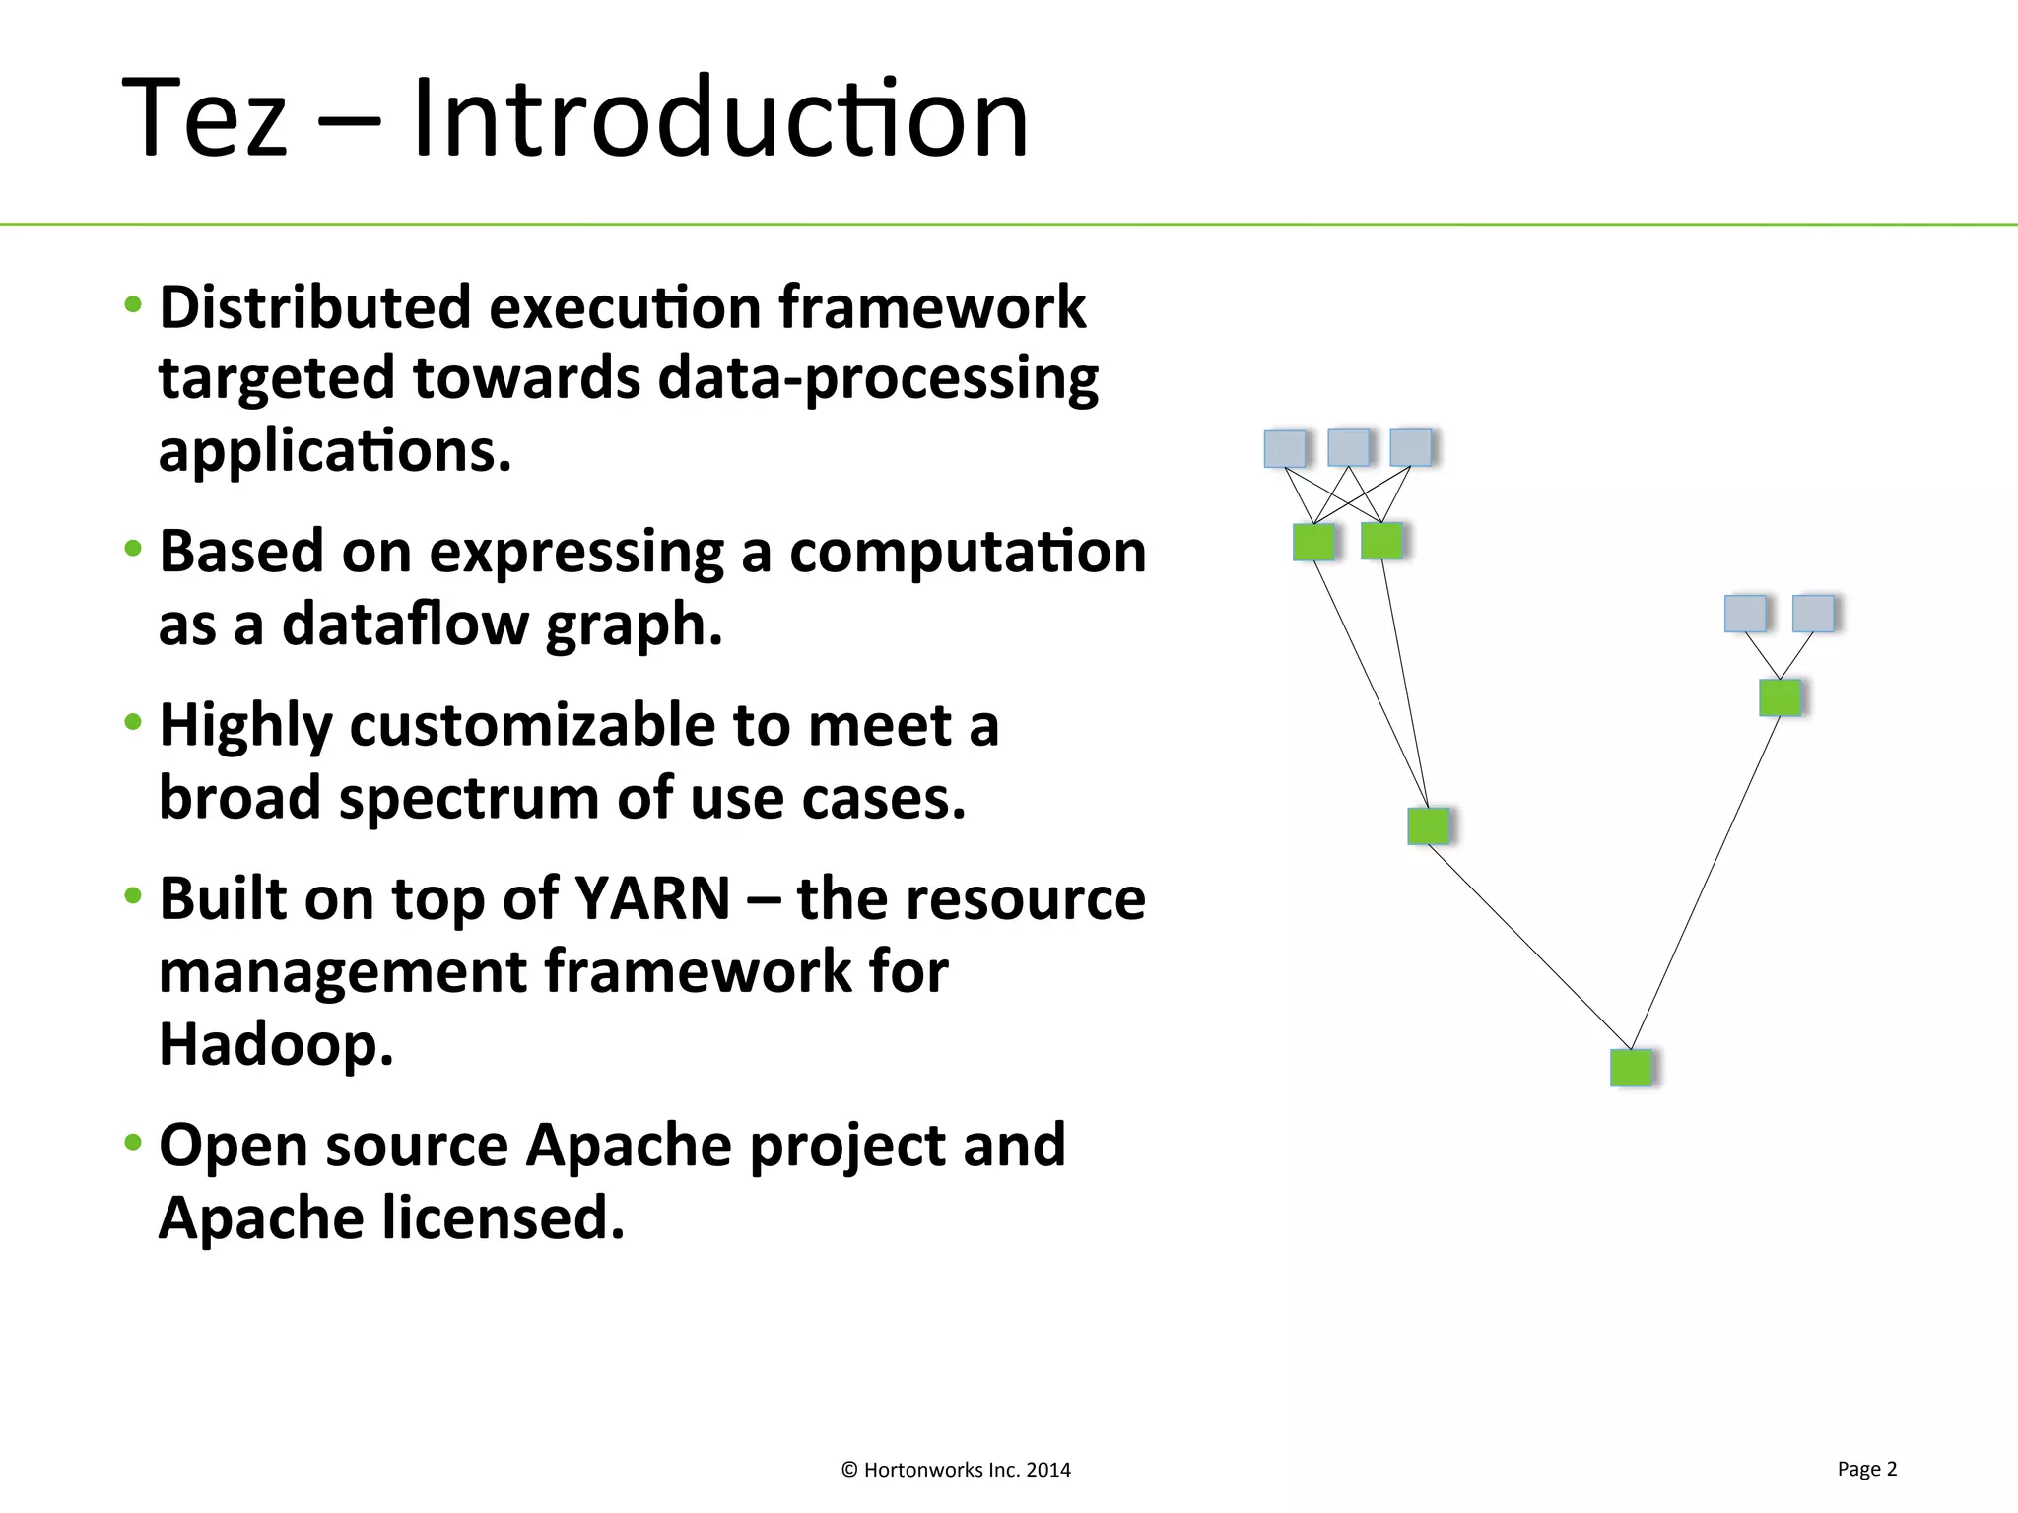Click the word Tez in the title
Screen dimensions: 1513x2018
click(205, 118)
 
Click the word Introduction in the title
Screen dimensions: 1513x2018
click(719, 118)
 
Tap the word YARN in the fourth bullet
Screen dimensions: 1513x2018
click(652, 898)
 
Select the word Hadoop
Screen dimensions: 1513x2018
click(276, 1044)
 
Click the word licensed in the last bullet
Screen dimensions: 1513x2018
click(504, 1217)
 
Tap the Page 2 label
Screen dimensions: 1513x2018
click(1866, 1469)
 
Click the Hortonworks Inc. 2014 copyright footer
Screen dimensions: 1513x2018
click(956, 1470)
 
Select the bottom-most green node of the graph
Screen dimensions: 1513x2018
click(1631, 1068)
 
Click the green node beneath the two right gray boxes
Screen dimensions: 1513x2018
click(1780, 697)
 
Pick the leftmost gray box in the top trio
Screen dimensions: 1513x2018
click(1285, 448)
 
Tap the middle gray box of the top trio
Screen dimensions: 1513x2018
click(1348, 447)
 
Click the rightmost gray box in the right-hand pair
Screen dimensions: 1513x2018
click(1813, 614)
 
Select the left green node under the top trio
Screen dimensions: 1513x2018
click(1313, 542)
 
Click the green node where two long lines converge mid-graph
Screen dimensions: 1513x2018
click(1428, 825)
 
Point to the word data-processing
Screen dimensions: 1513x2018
click(877, 378)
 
